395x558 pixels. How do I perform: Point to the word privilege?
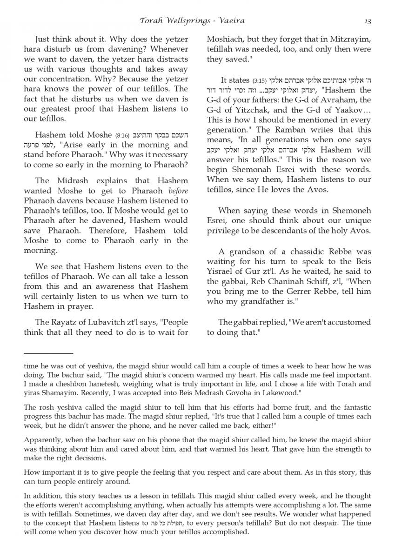point(225,231)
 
